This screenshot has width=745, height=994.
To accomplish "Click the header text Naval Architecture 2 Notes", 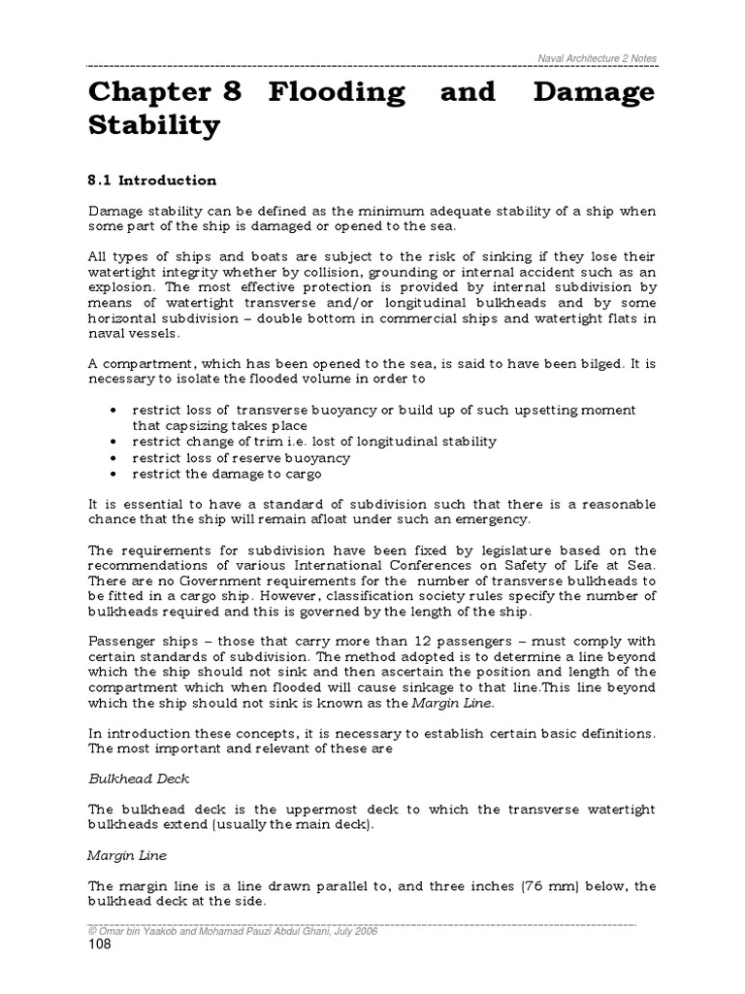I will click(597, 58).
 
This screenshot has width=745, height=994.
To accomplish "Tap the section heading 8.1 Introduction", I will click(152, 181).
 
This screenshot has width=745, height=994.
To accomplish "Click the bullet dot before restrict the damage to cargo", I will click(115, 474).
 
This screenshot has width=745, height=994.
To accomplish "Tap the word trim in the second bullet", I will click(255, 442).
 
